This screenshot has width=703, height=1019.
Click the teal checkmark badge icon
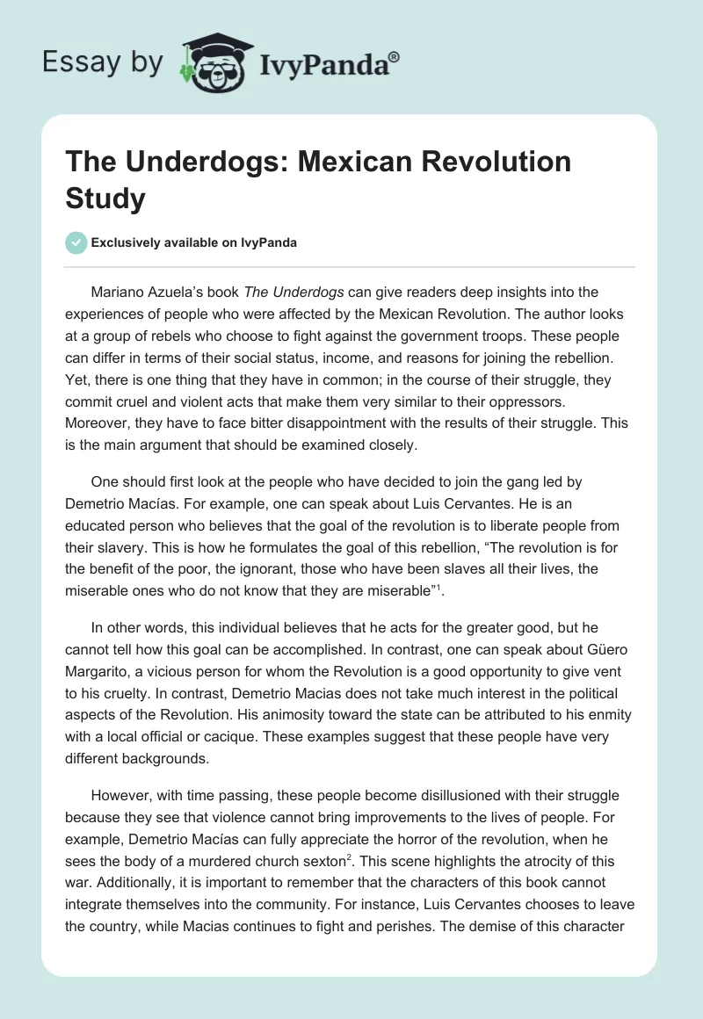click(76, 242)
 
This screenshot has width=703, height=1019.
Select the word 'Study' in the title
click(106, 199)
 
